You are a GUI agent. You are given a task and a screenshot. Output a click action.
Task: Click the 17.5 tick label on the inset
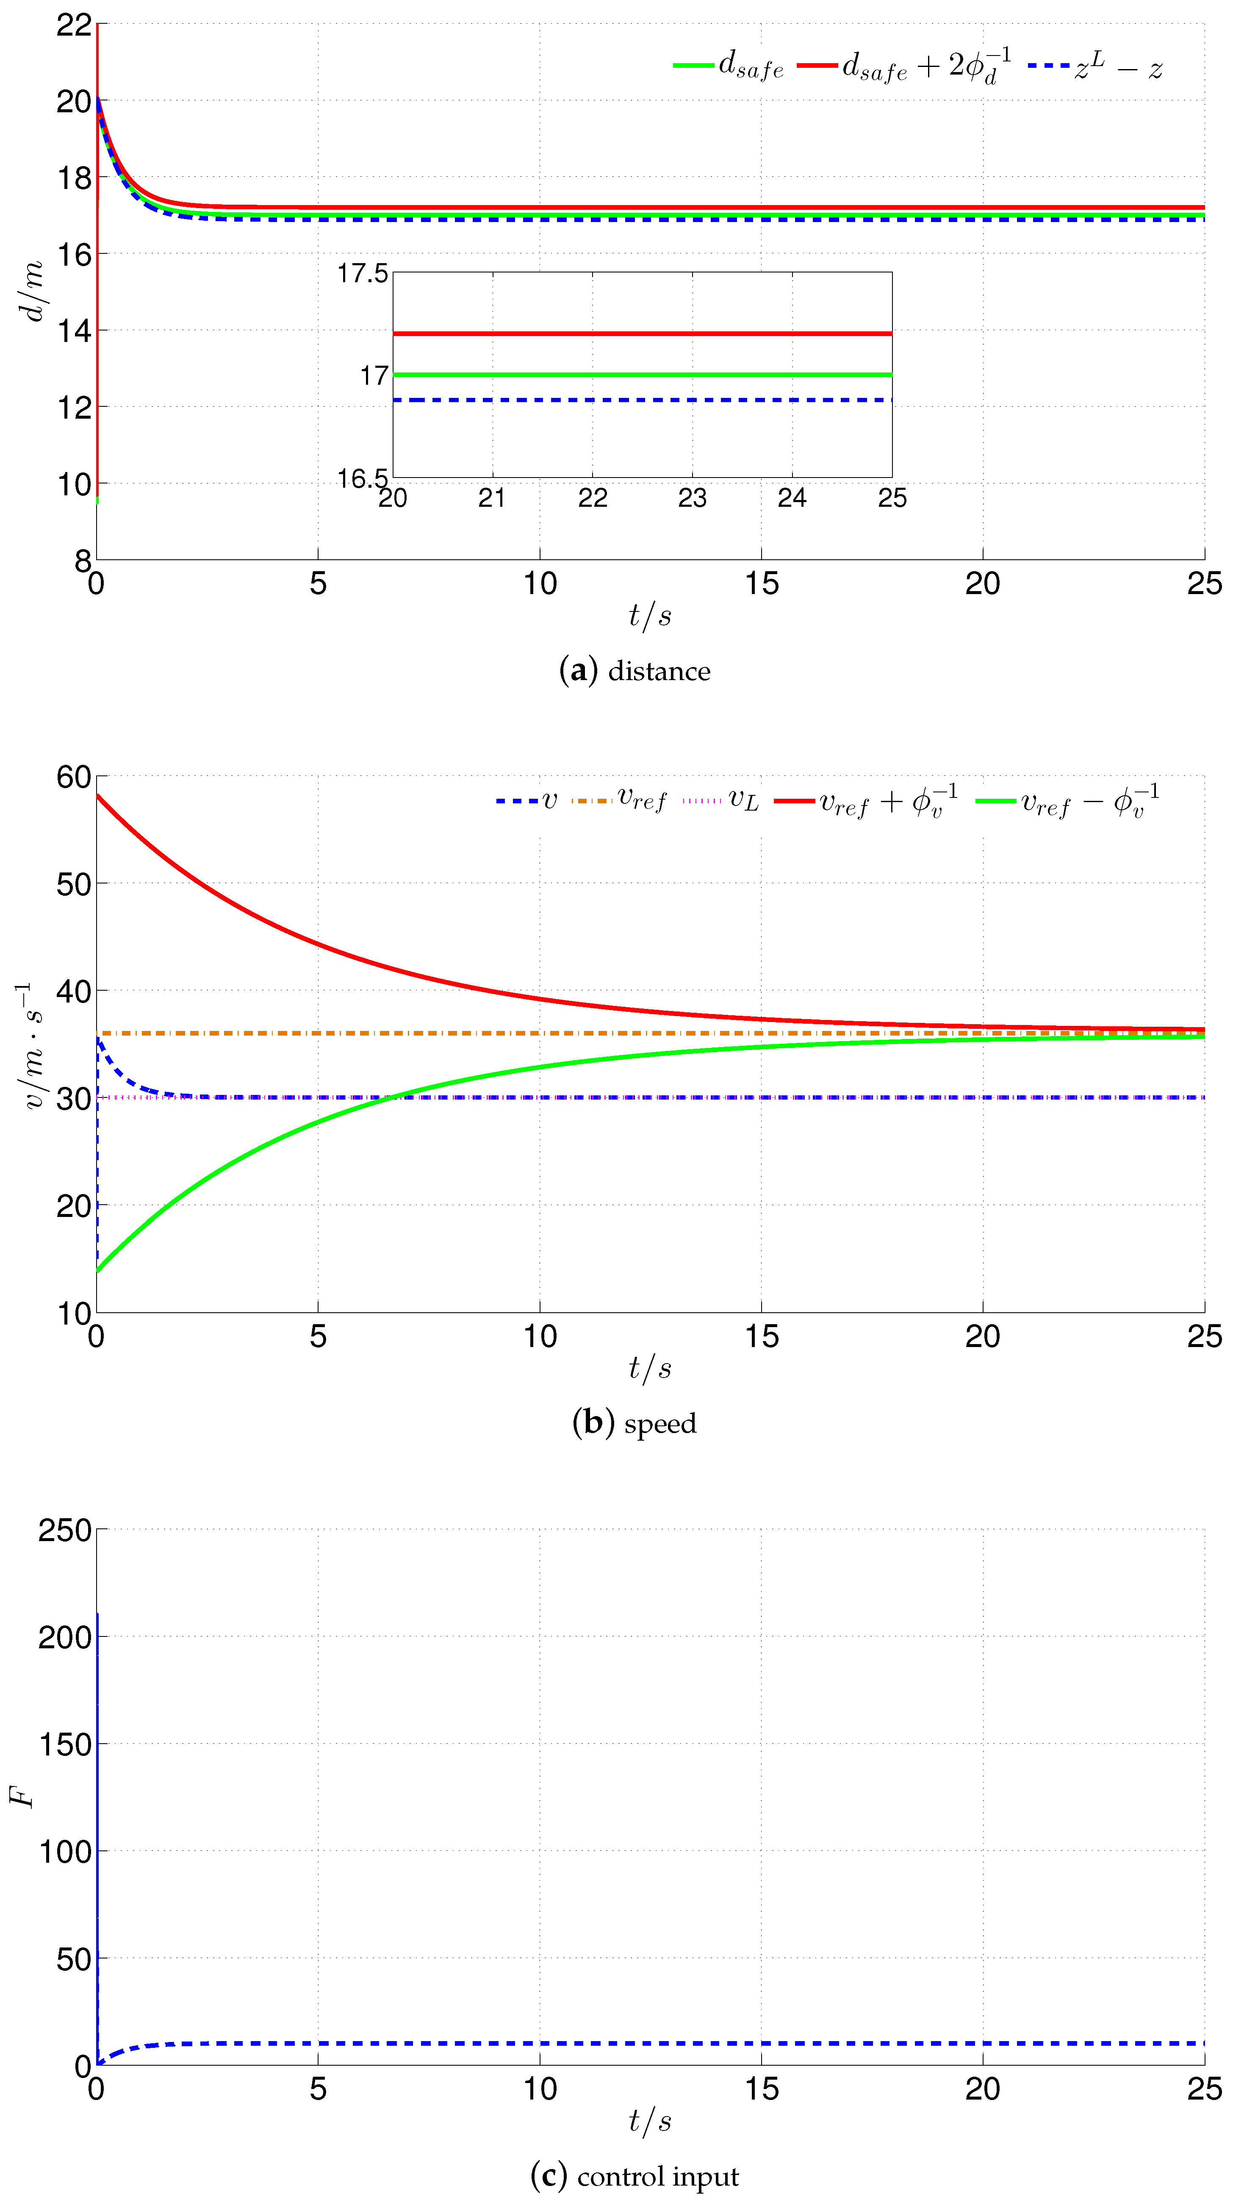[363, 273]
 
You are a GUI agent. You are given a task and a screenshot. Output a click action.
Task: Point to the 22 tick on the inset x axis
[593, 498]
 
